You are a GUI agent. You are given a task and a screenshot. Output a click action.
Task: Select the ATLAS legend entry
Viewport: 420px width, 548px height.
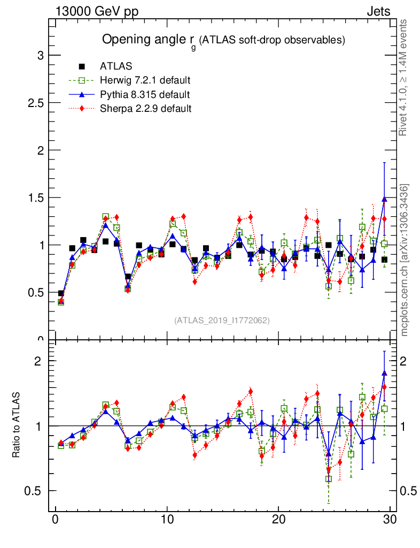coord(116,66)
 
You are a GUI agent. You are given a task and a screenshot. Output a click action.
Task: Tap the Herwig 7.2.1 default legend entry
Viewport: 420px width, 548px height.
coord(145,80)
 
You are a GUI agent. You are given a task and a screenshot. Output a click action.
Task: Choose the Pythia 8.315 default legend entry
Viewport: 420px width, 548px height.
coord(145,95)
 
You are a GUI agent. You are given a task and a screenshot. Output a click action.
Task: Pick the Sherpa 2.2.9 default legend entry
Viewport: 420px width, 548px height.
coord(146,109)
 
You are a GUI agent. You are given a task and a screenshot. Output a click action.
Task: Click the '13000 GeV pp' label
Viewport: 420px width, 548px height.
coord(97,11)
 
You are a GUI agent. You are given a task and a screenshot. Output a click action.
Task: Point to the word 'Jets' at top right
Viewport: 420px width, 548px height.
coord(378,11)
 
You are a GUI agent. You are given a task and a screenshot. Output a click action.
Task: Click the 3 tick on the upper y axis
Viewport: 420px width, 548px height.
coord(39,56)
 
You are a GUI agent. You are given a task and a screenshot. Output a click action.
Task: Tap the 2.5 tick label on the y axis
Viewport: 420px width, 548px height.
coord(35,103)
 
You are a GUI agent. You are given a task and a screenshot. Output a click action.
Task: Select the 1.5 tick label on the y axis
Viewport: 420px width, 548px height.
coord(35,197)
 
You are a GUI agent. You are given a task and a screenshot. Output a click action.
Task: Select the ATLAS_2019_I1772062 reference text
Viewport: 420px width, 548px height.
coord(221,320)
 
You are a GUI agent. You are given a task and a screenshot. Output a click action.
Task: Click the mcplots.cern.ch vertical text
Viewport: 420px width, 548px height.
coord(404,260)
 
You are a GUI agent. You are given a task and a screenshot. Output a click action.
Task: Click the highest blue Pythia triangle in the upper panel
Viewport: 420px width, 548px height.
coord(384,199)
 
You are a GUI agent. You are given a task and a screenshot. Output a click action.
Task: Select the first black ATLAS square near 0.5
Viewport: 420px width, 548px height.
coord(61,293)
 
